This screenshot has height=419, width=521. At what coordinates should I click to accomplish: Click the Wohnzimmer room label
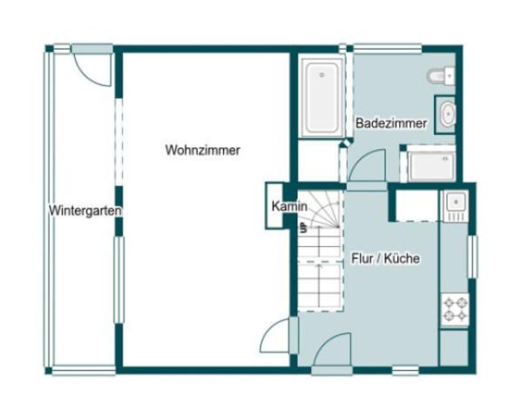click(x=202, y=150)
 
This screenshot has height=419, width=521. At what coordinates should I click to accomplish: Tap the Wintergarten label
click(x=85, y=210)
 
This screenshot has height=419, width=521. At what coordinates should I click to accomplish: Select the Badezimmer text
click(x=391, y=124)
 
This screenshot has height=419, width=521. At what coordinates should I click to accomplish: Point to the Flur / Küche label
click(x=386, y=258)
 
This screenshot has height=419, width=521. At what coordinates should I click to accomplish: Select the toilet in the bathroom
click(x=441, y=77)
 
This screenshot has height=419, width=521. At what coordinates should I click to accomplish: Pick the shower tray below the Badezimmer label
click(x=431, y=165)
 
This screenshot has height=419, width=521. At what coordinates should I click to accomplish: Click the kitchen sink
click(x=455, y=206)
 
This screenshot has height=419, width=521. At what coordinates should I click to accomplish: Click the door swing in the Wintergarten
click(x=92, y=67)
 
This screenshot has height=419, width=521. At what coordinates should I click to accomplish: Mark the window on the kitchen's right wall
click(x=473, y=256)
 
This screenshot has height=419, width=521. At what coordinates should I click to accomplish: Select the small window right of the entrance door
click(x=404, y=370)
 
